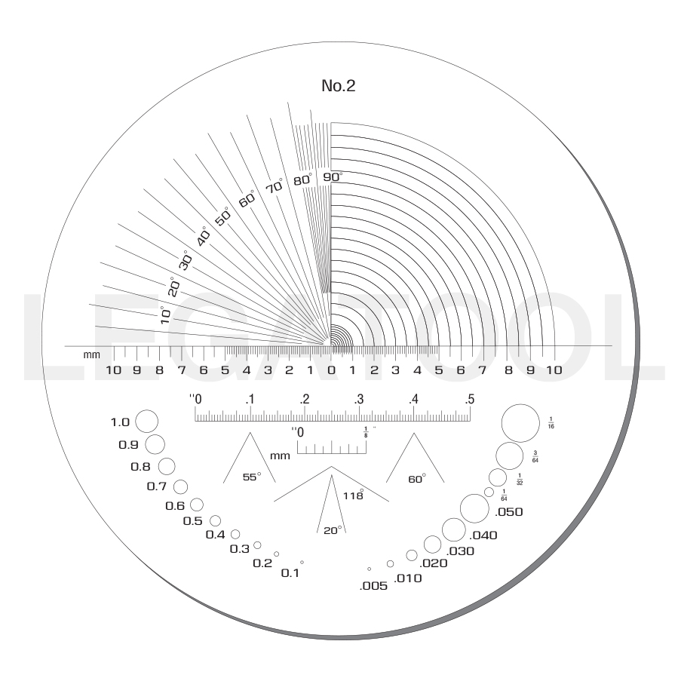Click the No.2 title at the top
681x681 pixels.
(x=339, y=85)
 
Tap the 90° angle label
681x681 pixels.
(x=333, y=176)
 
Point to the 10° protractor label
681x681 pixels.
(x=165, y=315)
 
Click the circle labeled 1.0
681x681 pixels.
(x=147, y=422)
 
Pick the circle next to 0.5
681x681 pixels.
(x=216, y=520)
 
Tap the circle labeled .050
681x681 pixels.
(x=474, y=508)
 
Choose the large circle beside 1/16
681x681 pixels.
(x=520, y=423)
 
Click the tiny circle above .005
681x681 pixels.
(x=370, y=569)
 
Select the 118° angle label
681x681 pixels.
(x=353, y=495)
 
